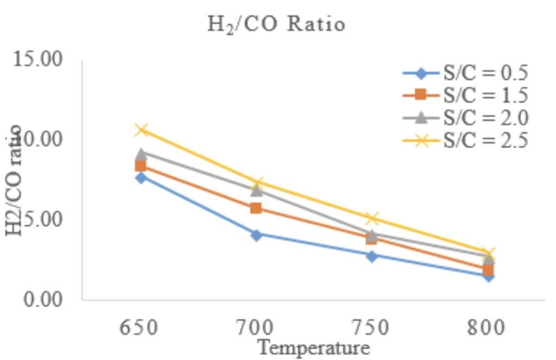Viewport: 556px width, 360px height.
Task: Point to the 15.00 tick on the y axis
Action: coord(43,59)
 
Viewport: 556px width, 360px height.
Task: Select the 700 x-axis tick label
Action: coord(256,327)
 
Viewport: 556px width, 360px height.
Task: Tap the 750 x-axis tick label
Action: coord(371,327)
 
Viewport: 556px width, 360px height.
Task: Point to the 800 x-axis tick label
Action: coord(487,327)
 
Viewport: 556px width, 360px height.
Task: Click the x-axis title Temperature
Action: coord(313,348)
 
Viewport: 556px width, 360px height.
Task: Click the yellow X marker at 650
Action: coord(141,130)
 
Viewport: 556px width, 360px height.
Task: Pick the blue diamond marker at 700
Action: coord(256,235)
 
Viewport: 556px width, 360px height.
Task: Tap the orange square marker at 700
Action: coord(256,208)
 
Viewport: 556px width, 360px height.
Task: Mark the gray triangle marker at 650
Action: coord(141,154)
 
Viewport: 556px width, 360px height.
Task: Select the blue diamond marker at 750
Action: coord(371,256)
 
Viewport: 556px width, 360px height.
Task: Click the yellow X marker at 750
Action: coord(371,219)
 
